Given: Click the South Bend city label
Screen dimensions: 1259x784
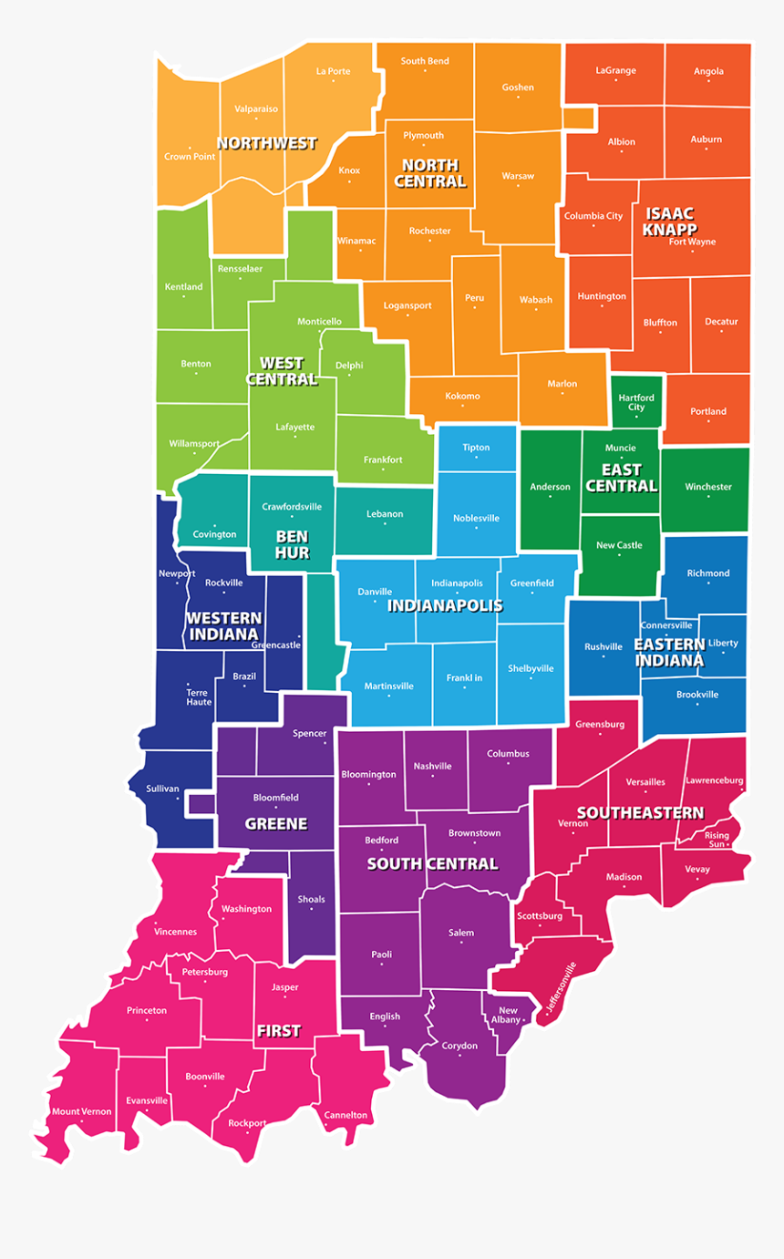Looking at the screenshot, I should pyautogui.click(x=424, y=61).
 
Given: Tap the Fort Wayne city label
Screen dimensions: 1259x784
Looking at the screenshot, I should pyautogui.click(x=692, y=242).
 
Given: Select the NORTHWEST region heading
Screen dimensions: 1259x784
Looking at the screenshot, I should pyautogui.click(x=266, y=143).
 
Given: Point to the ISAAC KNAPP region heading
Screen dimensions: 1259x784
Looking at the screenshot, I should pyautogui.click(x=670, y=221).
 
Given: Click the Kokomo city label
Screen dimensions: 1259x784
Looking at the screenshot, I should pyautogui.click(x=462, y=396).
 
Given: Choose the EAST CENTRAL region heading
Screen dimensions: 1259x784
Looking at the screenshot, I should pyautogui.click(x=621, y=478).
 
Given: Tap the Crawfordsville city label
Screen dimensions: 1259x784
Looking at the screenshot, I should pyautogui.click(x=292, y=506).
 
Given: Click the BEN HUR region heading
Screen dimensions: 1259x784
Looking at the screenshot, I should pyautogui.click(x=292, y=544).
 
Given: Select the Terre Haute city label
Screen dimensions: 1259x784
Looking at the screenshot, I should pyautogui.click(x=199, y=697).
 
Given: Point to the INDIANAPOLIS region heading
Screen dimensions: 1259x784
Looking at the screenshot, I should pyautogui.click(x=445, y=605).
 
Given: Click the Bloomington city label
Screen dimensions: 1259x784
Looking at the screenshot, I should pyautogui.click(x=368, y=774).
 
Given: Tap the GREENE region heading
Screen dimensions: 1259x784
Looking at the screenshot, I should pyautogui.click(x=275, y=824).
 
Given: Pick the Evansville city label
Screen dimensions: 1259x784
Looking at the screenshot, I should pyautogui.click(x=147, y=1100).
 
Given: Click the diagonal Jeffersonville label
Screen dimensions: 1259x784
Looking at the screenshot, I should pyautogui.click(x=561, y=987).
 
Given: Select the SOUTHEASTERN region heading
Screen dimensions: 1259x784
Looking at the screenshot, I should pyautogui.click(x=640, y=812).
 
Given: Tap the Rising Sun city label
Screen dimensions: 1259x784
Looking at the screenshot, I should pyautogui.click(x=717, y=840).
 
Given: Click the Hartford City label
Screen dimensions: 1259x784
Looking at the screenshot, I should pyautogui.click(x=636, y=402).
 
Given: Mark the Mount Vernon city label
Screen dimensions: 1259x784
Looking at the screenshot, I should pyautogui.click(x=81, y=1111).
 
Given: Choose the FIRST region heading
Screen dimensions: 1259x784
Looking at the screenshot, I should pyautogui.click(x=278, y=1031).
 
